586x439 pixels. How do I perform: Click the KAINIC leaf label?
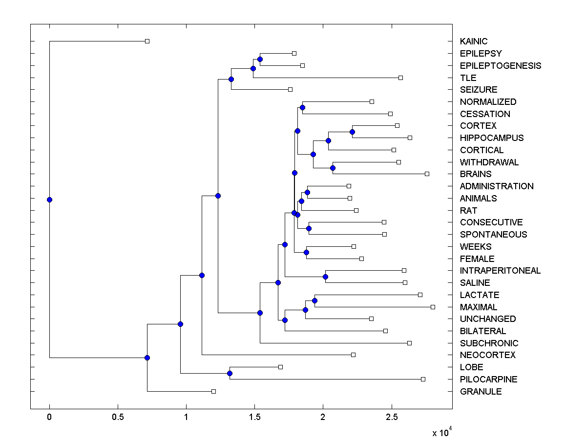click(473, 41)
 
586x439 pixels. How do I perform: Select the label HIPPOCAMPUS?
click(492, 138)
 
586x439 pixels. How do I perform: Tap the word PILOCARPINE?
click(488, 379)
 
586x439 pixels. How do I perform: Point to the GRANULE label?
click(481, 392)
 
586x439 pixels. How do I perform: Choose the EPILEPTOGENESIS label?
click(501, 66)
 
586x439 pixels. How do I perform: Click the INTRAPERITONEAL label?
click(500, 271)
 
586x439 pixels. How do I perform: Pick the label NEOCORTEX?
click(487, 355)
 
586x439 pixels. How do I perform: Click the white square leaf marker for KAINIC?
click(147, 41)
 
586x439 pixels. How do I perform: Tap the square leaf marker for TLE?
click(400, 78)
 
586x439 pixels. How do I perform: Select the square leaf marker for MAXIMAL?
click(433, 307)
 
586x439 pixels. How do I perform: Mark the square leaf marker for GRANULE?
click(213, 391)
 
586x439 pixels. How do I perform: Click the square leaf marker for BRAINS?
click(427, 174)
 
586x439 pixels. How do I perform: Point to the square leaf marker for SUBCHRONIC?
click(409, 343)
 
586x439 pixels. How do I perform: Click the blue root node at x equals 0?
click(49, 200)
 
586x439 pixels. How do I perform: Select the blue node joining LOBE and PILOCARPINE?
click(230, 373)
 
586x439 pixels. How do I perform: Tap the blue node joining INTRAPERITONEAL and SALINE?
click(325, 277)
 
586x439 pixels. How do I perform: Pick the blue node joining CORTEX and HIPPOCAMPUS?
click(352, 132)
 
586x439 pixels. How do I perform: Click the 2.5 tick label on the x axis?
click(390, 418)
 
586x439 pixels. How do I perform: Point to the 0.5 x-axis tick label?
click(117, 418)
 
